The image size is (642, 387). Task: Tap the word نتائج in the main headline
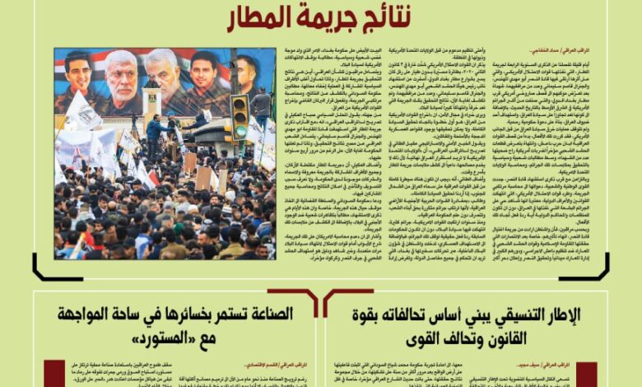(388, 16)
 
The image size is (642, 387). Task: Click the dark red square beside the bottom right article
(586, 374)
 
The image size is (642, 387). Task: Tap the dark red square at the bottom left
(54, 374)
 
